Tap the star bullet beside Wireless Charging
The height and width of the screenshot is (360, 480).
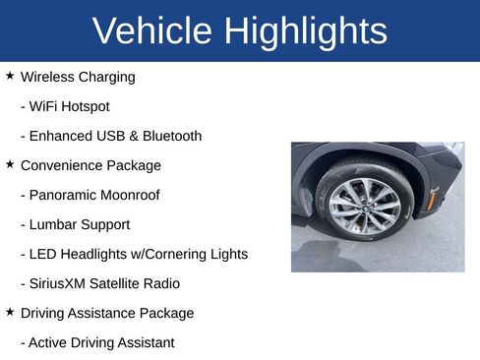(x=10, y=76)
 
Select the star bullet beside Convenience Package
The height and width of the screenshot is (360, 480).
(x=10, y=164)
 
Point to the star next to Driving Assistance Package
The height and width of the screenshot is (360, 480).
(x=10, y=312)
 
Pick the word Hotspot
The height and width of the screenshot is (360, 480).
(x=86, y=106)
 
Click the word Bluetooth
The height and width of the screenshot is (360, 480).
(x=170, y=136)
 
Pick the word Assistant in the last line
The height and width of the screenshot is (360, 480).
(x=144, y=342)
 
